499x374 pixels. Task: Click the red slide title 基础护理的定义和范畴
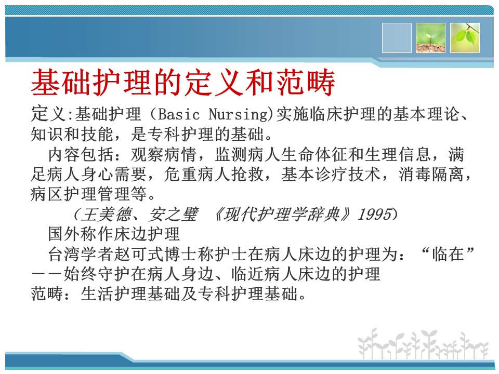tap(183, 83)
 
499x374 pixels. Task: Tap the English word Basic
tap(178, 114)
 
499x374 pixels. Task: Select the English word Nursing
tap(239, 114)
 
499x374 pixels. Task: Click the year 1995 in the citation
tap(374, 214)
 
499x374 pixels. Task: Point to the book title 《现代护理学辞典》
tap(281, 214)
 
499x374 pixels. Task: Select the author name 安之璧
tap(173, 214)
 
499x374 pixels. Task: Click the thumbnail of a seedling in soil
tap(430, 38)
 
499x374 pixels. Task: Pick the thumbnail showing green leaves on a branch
tap(465, 38)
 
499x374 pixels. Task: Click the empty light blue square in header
tap(397, 38)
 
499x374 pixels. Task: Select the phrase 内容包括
tap(81, 155)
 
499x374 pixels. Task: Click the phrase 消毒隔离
tap(431, 175)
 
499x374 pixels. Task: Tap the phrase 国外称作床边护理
tap(114, 234)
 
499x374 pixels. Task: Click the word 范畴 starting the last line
tap(47, 293)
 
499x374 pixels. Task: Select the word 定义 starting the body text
tap(48, 114)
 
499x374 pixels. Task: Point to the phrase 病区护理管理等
tap(88, 194)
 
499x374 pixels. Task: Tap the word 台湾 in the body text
tap(64, 254)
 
